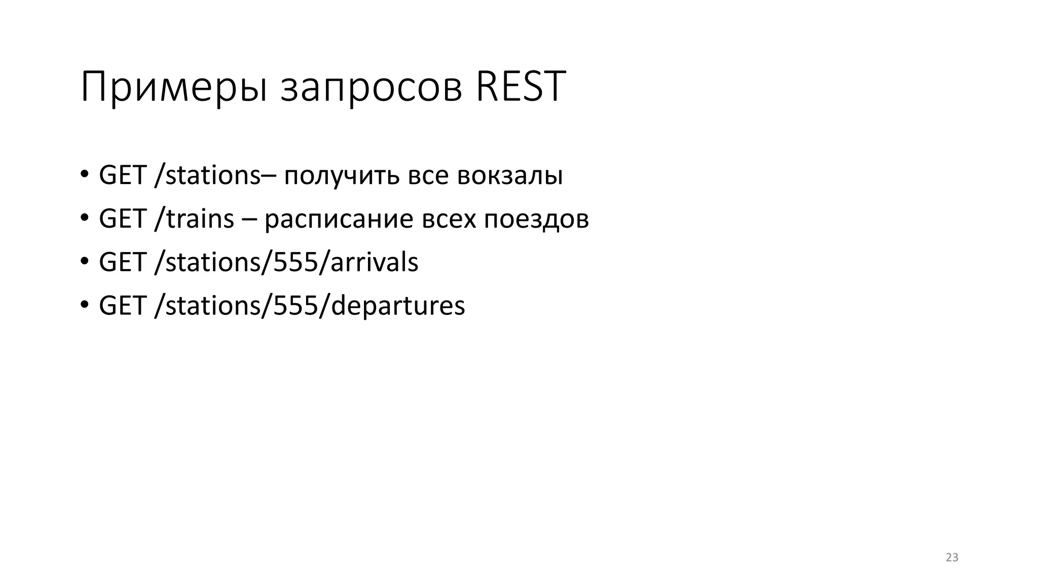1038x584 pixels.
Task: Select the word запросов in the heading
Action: [x=372, y=87]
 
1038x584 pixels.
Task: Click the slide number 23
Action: [x=952, y=558]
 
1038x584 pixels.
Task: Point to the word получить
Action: [x=342, y=176]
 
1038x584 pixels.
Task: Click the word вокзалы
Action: [x=510, y=176]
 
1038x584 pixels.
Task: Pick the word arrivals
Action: [x=375, y=263]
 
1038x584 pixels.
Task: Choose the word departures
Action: [x=398, y=306]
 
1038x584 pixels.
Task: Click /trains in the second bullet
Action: [x=194, y=219]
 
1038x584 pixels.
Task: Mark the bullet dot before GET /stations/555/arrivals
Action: [x=84, y=262]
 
